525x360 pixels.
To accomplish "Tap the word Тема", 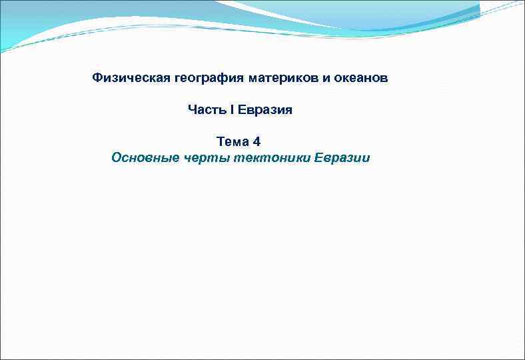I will (233, 141).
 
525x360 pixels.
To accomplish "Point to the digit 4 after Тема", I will (257, 141).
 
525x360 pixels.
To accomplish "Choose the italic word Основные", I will (145, 158).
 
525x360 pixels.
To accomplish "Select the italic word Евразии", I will (342, 158).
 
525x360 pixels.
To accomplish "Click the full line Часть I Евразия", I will (240, 109).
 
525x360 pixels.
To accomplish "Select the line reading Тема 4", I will (239, 141).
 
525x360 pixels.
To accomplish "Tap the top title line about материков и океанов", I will (240, 78).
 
